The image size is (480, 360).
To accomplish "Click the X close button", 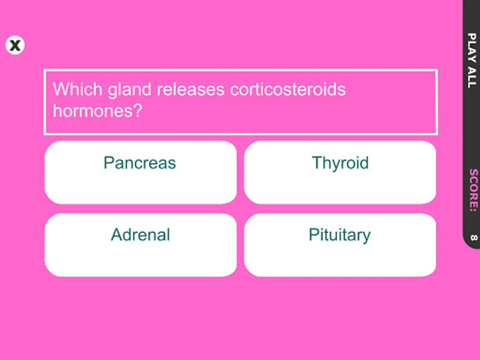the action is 15,45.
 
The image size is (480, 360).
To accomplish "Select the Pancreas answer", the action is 140,172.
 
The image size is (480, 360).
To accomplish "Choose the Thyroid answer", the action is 340,172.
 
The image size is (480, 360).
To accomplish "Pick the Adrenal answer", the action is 140,245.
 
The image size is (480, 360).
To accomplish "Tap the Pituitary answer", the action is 340,245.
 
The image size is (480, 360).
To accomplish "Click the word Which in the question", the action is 78,89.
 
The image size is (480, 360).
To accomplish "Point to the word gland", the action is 130,90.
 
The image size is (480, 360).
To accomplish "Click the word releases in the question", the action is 191,89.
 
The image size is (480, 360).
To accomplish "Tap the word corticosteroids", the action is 288,89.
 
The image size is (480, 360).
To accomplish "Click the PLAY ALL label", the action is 472,60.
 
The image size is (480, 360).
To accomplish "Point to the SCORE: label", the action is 474,190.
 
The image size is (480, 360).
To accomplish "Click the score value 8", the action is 474,238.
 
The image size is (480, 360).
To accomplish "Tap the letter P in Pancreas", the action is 109,163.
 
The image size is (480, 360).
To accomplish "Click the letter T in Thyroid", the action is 317,163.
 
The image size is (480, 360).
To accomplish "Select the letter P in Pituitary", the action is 314,234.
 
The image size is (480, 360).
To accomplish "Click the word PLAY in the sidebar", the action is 472,48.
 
